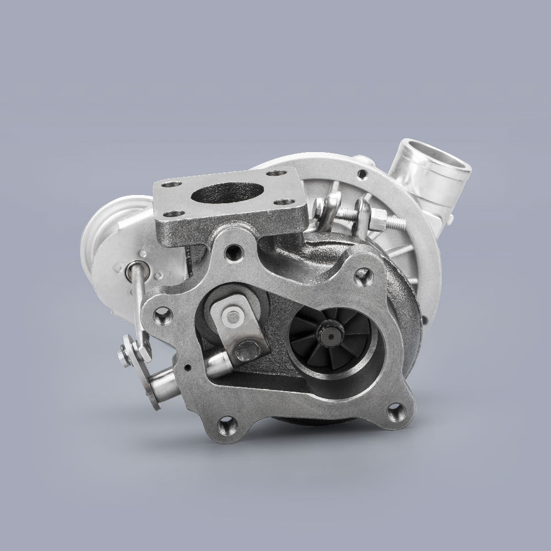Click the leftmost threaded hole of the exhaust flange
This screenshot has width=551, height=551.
pos(163,316)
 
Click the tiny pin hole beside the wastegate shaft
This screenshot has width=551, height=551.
pos(188,368)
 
